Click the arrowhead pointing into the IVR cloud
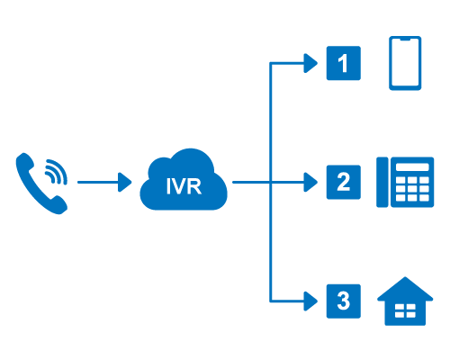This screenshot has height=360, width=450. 125,182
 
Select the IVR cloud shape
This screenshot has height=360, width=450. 184,180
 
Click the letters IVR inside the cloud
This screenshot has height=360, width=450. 184,186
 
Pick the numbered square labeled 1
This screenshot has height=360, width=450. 344,63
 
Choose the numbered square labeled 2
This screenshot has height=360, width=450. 344,182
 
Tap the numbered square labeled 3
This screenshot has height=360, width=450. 344,301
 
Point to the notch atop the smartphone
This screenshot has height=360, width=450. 405,39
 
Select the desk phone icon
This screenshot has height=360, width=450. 405,182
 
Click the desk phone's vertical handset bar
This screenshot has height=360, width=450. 382,182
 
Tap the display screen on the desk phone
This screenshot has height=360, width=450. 412,167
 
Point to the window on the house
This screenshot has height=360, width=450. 405,310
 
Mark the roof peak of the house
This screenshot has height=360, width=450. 405,277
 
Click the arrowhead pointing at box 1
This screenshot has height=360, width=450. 310,63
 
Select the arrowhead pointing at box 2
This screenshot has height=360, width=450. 310,182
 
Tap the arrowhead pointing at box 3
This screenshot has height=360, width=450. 310,301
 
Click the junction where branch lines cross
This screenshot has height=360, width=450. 270,182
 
